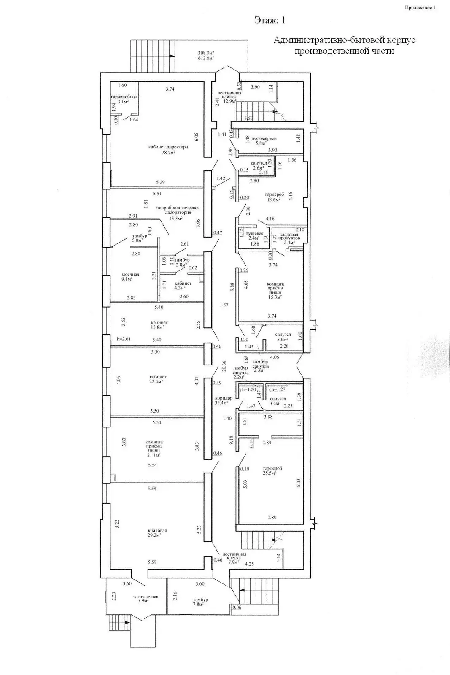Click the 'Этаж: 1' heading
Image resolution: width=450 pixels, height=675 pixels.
272,20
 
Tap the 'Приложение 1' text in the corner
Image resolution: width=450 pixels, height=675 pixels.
420,7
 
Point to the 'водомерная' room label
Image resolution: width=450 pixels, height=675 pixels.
264,138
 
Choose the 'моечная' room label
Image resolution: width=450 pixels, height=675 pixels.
130,275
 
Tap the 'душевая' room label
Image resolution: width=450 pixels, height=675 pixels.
255,234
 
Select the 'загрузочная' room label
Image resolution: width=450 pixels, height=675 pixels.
146,597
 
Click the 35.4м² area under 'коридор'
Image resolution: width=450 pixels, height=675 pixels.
221,402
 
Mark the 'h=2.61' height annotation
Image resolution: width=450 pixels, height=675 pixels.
124,339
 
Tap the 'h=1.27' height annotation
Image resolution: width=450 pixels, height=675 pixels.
278,389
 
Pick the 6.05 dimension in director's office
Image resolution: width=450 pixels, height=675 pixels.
196,136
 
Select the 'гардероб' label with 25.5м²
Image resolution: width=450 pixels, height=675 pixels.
272,468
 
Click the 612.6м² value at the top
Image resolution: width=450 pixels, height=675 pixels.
206,58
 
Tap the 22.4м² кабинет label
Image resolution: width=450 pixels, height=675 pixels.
156,381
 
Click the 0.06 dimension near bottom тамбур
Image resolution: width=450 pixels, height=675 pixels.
237,607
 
